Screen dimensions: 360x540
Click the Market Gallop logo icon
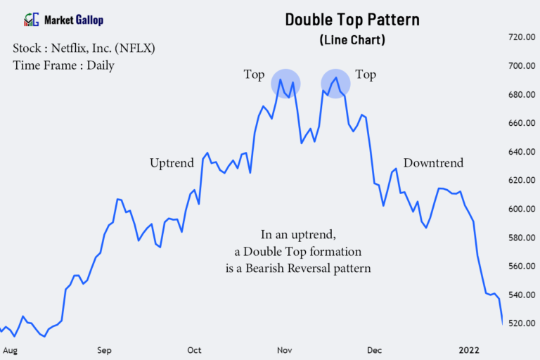tap(32, 20)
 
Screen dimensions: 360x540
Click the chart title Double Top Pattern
tap(352, 19)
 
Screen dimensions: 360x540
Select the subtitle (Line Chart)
tap(352, 39)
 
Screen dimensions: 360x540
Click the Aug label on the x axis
tap(10, 349)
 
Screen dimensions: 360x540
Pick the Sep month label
tap(105, 349)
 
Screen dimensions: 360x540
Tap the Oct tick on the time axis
tap(195, 349)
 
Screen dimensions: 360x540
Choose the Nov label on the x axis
tap(285, 349)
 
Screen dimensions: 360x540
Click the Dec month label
tap(374, 349)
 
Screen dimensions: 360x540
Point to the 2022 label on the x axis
tap(469, 349)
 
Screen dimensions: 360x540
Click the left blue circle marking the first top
tap(285, 84)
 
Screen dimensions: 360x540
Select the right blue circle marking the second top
tap(335, 84)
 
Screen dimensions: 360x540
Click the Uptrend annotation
tap(172, 163)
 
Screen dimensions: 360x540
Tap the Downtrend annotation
tap(433, 163)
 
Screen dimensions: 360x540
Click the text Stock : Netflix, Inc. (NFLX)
tap(84, 49)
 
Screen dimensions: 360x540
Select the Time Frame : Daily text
tap(63, 65)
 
